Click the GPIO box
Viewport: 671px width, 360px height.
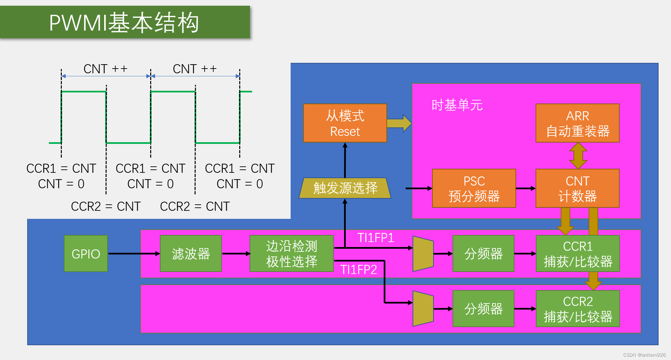coord(86,253)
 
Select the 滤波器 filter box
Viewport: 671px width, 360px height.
coord(191,253)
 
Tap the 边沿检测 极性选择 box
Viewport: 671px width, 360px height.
coord(291,253)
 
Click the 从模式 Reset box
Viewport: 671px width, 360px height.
coord(345,123)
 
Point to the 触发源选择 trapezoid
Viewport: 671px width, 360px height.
coord(345,188)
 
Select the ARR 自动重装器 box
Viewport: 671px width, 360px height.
coord(577,123)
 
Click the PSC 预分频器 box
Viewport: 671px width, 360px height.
coord(474,188)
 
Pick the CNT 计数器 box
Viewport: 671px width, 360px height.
coord(577,188)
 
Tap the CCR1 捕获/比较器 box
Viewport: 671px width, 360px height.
coord(578,253)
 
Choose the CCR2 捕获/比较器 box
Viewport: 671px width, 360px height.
coord(578,309)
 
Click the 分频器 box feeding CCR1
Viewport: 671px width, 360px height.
coord(483,253)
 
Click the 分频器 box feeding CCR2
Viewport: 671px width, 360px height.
coord(483,309)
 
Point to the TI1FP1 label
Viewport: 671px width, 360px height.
coord(375,238)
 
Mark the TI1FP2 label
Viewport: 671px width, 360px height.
coord(358,270)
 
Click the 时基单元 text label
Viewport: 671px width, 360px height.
coord(457,105)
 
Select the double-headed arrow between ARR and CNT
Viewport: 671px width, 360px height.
coord(578,156)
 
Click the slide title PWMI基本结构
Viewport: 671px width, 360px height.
coord(124,23)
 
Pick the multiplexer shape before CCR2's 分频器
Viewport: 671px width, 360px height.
coord(423,309)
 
